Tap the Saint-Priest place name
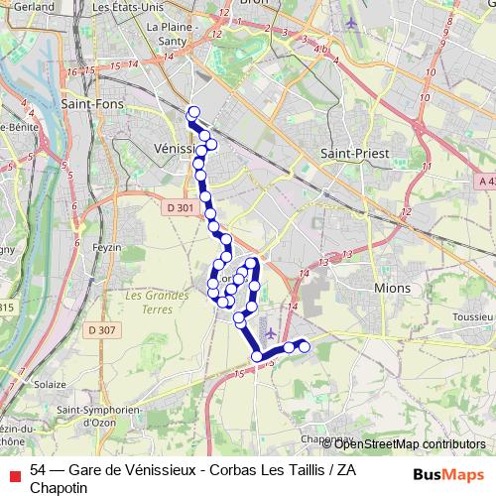pyautogui.click(x=354, y=154)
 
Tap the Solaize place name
pyautogui.click(x=49, y=383)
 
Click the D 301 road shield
pyautogui.click(x=180, y=207)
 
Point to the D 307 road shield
pyautogui.click(x=102, y=329)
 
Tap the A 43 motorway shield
pyautogui.click(x=483, y=182)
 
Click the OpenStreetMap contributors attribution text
pyautogui.click(x=409, y=444)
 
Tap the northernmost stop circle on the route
pyautogui.click(x=193, y=112)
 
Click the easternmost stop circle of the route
pyautogui.click(x=305, y=346)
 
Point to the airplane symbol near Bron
pyautogui.click(x=350, y=22)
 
